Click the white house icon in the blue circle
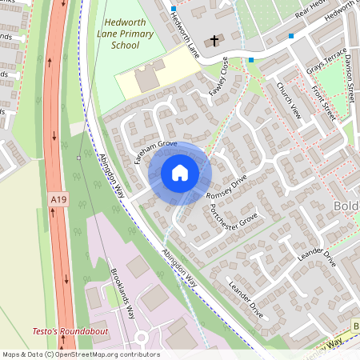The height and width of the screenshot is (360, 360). pos(180,172)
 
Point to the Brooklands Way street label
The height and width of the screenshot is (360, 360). pos(122,293)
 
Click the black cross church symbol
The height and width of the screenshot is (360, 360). pos(214,39)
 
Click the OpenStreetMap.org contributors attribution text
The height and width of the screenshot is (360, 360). pos(104,354)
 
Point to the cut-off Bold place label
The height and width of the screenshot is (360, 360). pos(345,209)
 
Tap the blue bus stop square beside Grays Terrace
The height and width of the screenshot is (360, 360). pos(291,36)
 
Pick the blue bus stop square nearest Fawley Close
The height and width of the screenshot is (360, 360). pos(251,60)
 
